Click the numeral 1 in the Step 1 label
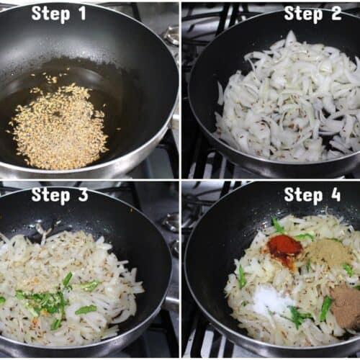point(82,13)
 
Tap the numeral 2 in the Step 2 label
point(336,13)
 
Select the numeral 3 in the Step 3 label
point(83,194)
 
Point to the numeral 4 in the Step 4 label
point(336,194)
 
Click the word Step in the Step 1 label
point(50,14)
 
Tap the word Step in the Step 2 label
point(303,14)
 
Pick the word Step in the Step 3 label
point(50,196)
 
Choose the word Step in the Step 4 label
point(303,196)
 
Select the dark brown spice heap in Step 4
point(346,304)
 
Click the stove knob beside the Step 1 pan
point(172,36)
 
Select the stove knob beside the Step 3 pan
point(171,222)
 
